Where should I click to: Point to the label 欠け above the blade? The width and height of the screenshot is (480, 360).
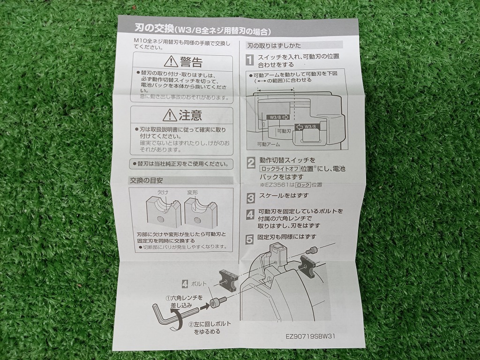pos(162,193)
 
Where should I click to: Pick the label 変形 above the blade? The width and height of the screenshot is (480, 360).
pos(193,193)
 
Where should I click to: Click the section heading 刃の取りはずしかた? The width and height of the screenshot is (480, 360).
pos(274,45)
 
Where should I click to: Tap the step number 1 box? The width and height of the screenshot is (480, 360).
pos(250,60)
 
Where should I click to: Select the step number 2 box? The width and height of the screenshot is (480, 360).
pos(251,162)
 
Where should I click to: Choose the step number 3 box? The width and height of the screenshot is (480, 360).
pos(251,196)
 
